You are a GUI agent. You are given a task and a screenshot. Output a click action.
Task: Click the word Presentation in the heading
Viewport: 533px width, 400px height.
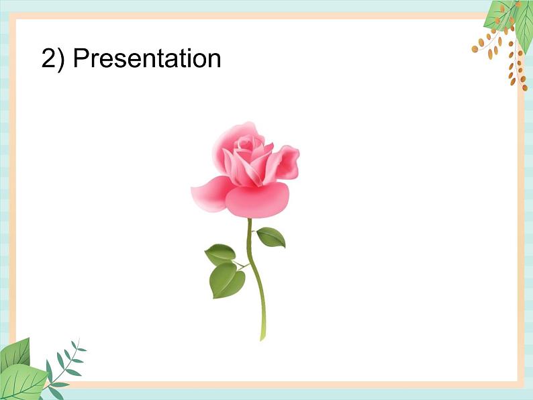click(147, 59)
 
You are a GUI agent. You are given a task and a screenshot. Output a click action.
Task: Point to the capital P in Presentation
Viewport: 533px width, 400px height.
click(81, 59)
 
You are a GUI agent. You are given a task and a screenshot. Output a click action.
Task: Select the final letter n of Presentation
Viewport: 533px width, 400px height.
click(214, 61)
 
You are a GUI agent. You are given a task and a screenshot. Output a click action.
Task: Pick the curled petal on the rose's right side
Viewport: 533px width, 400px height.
click(286, 162)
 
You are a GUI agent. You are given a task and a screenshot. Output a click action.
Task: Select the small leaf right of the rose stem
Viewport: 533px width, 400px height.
click(271, 237)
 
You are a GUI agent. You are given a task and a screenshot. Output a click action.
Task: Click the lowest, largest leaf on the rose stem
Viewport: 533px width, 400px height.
click(226, 281)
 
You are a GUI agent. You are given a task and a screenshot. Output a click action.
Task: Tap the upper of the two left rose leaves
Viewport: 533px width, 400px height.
click(220, 254)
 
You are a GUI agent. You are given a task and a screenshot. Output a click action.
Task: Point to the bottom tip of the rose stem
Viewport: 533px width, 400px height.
click(262, 337)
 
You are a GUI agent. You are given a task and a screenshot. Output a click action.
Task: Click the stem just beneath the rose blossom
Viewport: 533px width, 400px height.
click(249, 224)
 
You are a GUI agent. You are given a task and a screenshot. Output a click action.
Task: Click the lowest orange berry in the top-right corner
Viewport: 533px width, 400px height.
click(514, 81)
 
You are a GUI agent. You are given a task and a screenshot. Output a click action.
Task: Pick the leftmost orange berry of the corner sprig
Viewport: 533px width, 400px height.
click(475, 48)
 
